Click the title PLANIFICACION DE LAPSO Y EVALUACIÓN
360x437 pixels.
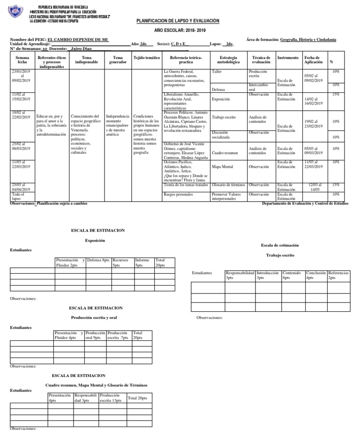point(178,21)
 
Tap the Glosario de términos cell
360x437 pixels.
point(229,185)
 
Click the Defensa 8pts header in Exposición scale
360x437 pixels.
point(98,260)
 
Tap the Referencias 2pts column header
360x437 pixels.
point(338,275)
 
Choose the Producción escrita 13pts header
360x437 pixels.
point(111,398)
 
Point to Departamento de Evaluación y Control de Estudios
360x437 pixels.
point(305,203)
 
